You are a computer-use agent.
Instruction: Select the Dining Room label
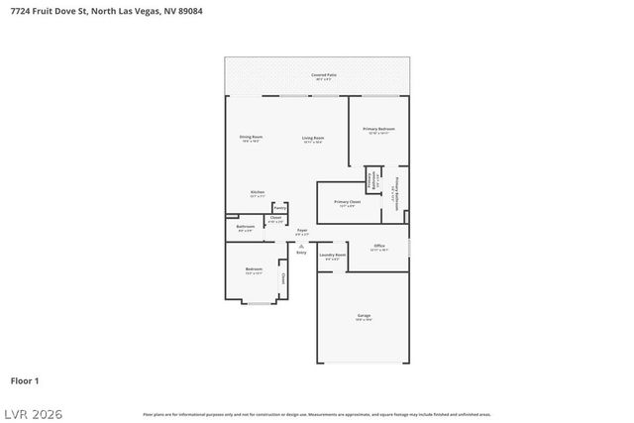pos(251,138)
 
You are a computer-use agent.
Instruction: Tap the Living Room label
pos(313,139)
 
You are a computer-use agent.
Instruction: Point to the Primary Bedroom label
pos(378,130)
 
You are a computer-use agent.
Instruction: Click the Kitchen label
pos(257,193)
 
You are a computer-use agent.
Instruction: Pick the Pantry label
pos(279,208)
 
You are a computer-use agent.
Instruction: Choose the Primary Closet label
pos(340,204)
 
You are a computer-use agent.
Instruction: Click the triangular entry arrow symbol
pos(302,245)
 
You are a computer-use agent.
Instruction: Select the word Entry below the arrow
pos(302,253)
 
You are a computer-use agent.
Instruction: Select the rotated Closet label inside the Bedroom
pos(283,279)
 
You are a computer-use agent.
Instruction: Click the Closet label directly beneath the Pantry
pos(275,220)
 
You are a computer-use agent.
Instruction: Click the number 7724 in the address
pos(22,11)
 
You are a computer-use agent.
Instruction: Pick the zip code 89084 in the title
pos(189,11)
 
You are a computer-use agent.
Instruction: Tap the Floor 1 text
pos(24,380)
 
